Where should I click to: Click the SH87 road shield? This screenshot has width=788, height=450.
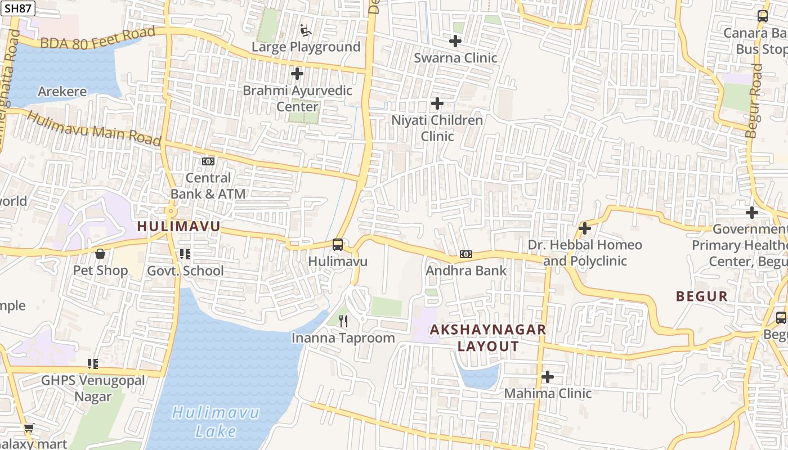[x=18, y=8]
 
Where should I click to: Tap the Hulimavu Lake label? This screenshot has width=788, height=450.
[x=216, y=422]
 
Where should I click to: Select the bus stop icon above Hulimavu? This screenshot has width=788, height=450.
[x=338, y=245]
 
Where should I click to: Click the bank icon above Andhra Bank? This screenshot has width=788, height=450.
[x=466, y=254]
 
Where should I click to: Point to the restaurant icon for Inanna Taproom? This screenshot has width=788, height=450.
[x=343, y=321]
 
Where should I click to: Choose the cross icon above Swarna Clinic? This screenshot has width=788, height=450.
[x=455, y=41]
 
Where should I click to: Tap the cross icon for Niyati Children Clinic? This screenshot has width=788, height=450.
[x=437, y=103]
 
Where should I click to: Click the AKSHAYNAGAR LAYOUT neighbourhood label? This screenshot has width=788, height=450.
[x=488, y=337]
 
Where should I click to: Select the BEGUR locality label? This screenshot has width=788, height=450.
[x=702, y=296]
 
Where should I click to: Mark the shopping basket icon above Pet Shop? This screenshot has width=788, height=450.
[x=100, y=254]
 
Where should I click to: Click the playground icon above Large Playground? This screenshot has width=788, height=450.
[x=306, y=30]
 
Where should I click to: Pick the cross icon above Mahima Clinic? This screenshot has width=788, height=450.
[x=548, y=376]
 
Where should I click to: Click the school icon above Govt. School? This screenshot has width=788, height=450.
[x=185, y=254]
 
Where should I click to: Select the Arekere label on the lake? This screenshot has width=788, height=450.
[x=62, y=92]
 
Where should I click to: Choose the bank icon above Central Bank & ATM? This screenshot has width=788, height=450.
[x=208, y=161]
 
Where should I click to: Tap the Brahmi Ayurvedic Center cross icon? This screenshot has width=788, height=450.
[x=297, y=74]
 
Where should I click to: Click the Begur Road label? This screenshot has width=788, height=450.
[x=754, y=101]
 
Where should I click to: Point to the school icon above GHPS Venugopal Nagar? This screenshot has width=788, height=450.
[x=93, y=364]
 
